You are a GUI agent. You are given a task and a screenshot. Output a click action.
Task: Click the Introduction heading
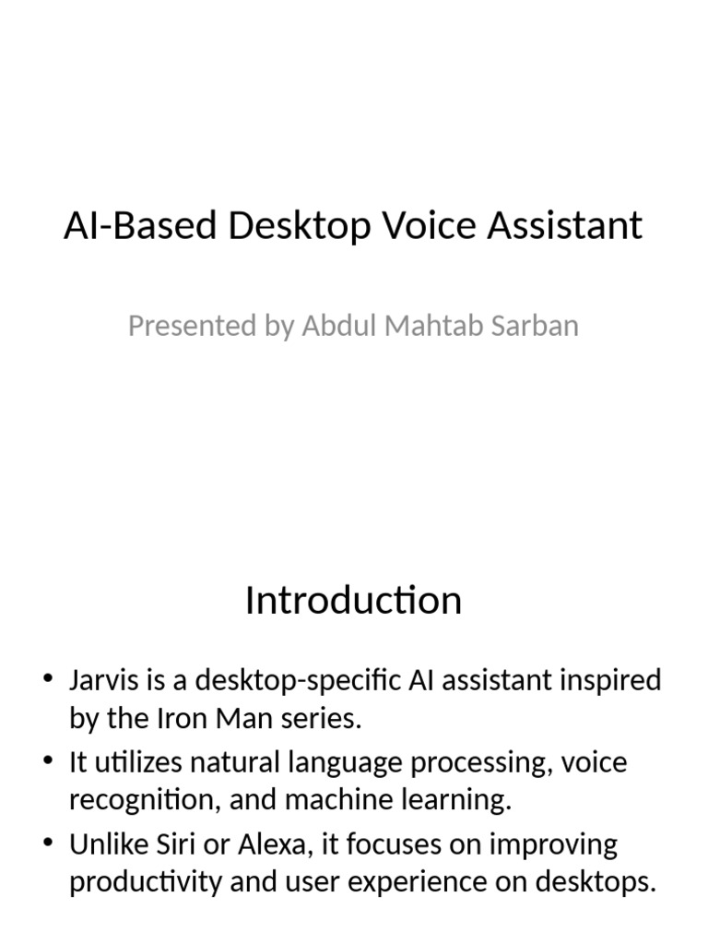(x=353, y=601)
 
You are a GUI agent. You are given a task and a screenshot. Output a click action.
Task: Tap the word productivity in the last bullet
(x=150, y=883)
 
